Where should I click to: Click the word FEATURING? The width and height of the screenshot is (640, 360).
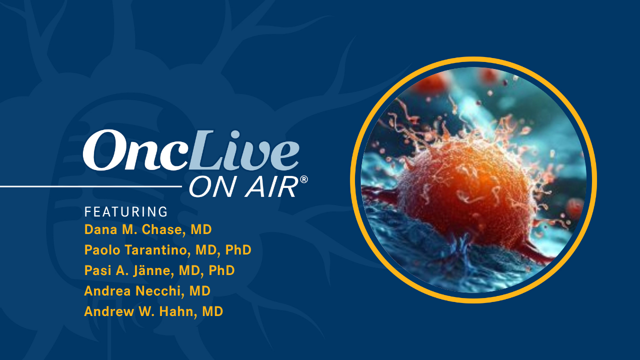(x=126, y=212)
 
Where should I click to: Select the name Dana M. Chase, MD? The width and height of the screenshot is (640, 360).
(x=148, y=230)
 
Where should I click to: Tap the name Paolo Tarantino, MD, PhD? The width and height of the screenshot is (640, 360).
(x=167, y=250)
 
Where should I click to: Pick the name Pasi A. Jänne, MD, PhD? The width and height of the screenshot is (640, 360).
(x=159, y=270)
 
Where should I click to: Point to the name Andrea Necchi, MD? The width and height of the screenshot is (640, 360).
(x=147, y=291)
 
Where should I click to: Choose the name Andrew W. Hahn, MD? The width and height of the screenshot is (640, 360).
(x=153, y=311)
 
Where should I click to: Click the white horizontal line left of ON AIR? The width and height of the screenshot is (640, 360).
(x=90, y=187)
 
